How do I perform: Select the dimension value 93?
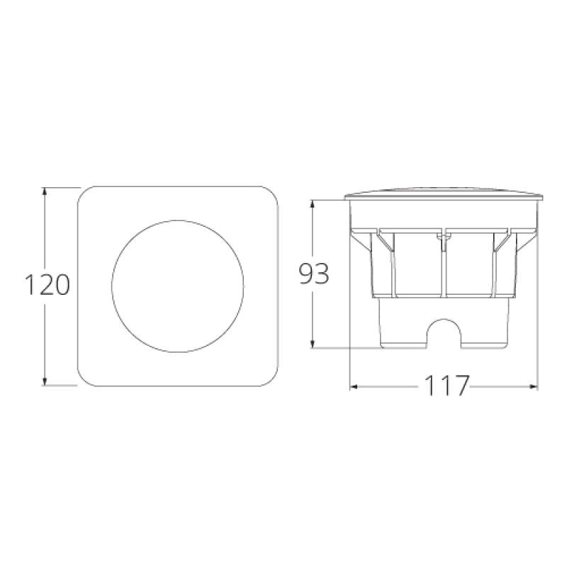click(x=313, y=274)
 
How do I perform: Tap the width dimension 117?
click(x=447, y=387)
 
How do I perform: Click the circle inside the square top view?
click(x=177, y=286)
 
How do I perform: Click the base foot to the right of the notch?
click(x=485, y=340)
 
